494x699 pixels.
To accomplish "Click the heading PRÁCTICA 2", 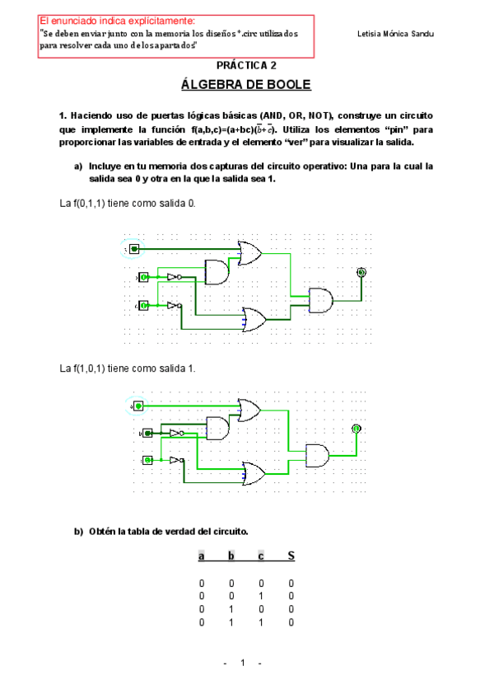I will click(x=246, y=65).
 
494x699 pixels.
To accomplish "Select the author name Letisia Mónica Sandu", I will click(x=397, y=34).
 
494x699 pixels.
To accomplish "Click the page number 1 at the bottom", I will click(x=243, y=664).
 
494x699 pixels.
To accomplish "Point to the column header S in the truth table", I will click(x=291, y=556).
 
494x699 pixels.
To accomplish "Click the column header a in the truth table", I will click(x=201, y=556).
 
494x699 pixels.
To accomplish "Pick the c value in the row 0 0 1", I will click(x=261, y=596).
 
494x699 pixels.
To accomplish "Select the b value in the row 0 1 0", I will click(x=231, y=609).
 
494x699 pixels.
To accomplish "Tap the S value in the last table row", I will click(x=291, y=622).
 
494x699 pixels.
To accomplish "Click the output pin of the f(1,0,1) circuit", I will click(x=356, y=429).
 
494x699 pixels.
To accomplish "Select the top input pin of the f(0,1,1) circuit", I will click(x=135, y=248).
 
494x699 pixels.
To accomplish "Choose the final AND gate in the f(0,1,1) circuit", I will click(x=320, y=300).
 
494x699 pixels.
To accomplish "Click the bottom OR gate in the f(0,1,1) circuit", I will click(x=252, y=318).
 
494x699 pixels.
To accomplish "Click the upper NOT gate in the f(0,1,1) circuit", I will click(x=174, y=277).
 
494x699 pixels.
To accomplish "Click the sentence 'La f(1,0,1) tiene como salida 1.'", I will click(x=128, y=368).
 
